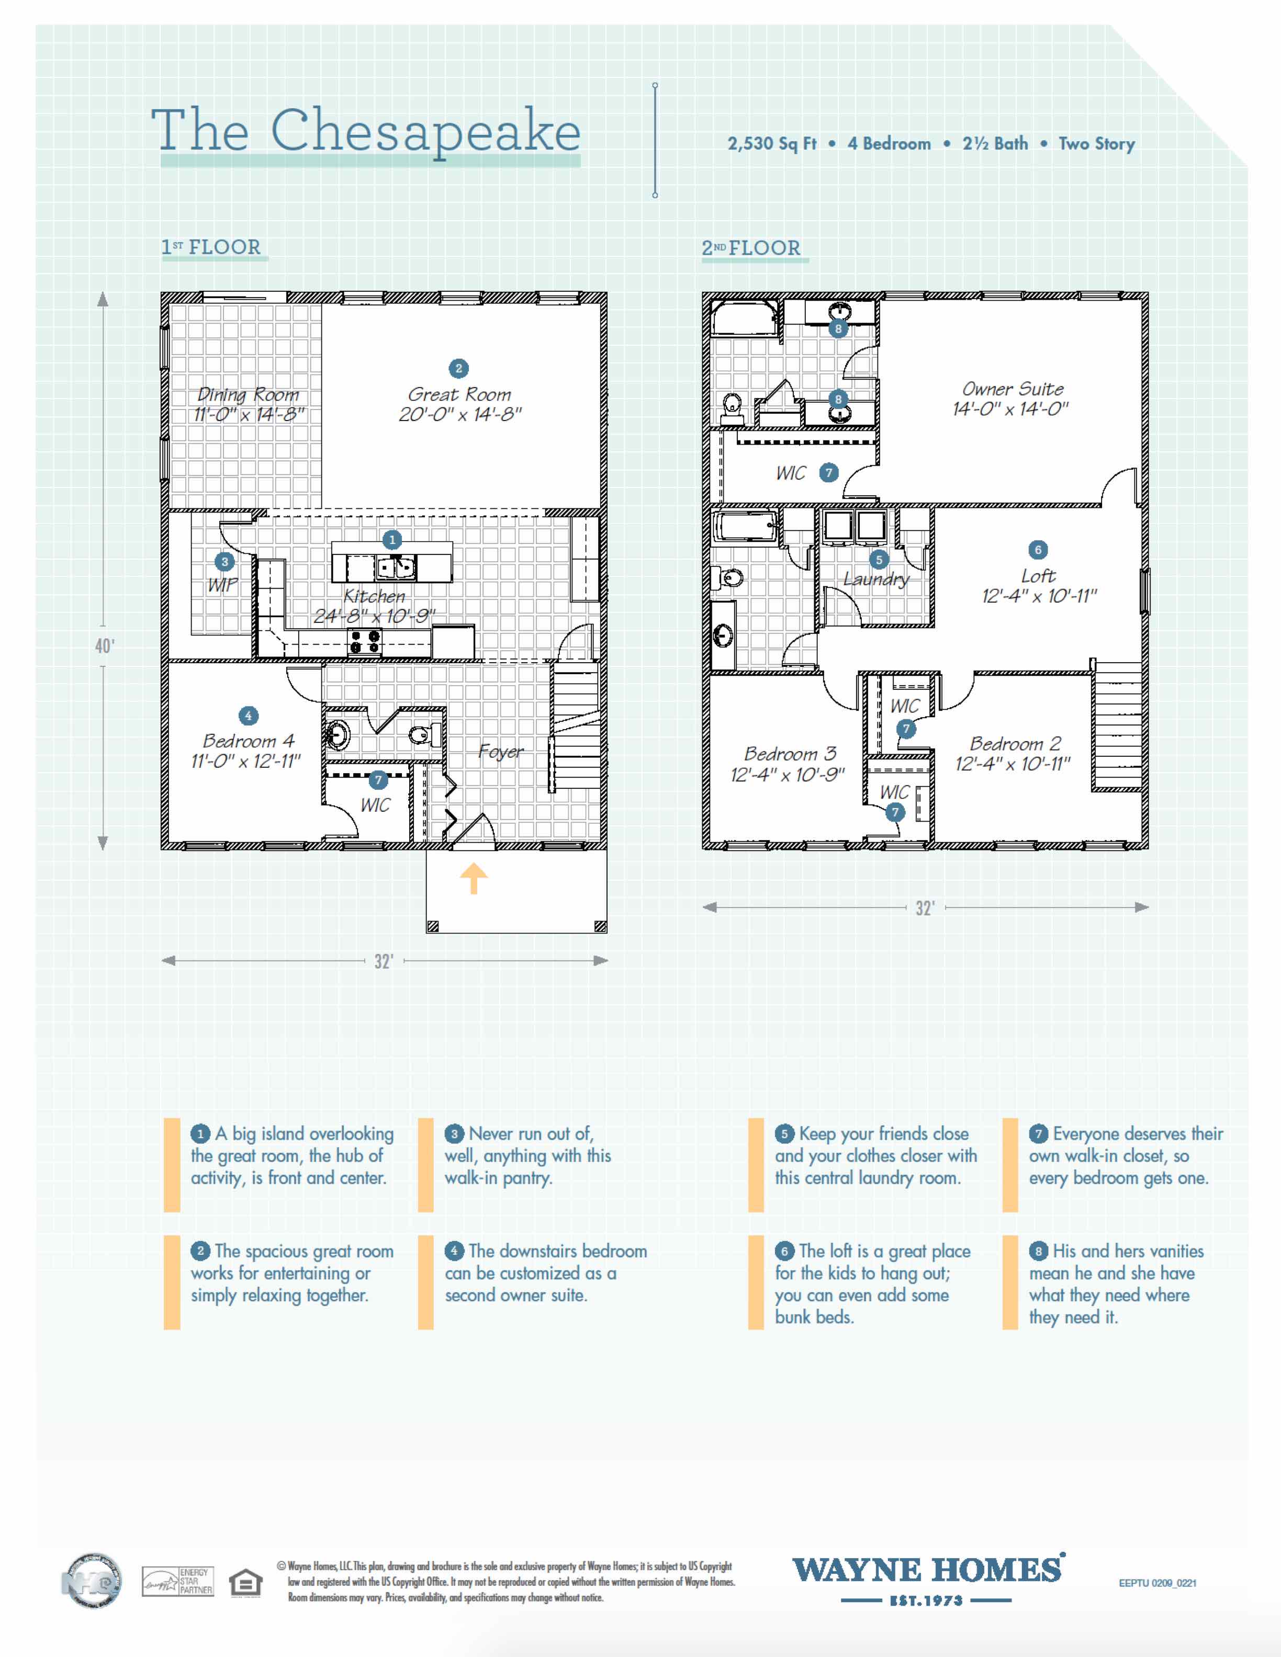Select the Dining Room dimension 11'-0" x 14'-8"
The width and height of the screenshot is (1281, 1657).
pyautogui.click(x=249, y=414)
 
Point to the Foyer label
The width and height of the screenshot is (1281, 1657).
pyautogui.click(x=501, y=751)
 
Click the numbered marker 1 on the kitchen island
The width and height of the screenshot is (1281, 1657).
pyautogui.click(x=391, y=539)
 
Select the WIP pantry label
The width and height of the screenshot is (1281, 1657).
pyautogui.click(x=222, y=585)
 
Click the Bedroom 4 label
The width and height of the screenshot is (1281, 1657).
pyautogui.click(x=248, y=741)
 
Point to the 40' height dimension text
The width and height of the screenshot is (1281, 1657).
pyautogui.click(x=105, y=645)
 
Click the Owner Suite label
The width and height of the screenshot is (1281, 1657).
pyautogui.click(x=1013, y=389)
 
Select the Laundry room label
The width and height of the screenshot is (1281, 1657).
pyautogui.click(x=876, y=580)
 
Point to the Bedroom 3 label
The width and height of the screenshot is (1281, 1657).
pyautogui.click(x=790, y=754)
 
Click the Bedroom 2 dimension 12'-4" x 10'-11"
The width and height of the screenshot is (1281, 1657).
pyautogui.click(x=1013, y=764)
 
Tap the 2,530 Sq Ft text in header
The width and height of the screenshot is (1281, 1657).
pyautogui.click(x=772, y=143)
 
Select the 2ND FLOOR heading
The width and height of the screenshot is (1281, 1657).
pyautogui.click(x=750, y=248)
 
